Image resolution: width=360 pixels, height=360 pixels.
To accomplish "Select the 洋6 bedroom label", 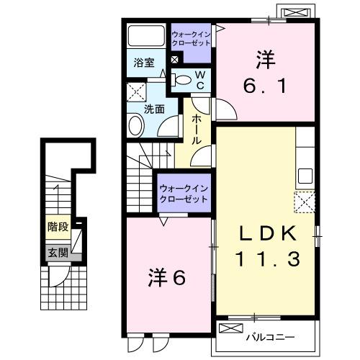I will [168, 276].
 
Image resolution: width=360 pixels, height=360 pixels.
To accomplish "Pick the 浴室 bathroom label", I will [143, 63].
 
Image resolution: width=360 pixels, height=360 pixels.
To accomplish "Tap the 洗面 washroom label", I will [153, 109].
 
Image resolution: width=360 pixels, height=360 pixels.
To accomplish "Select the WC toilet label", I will [201, 81].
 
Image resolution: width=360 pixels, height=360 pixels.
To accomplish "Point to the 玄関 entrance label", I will [58, 253].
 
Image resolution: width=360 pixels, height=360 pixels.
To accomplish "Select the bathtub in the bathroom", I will [147, 37].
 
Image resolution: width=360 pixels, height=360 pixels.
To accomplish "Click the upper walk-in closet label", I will [190, 37].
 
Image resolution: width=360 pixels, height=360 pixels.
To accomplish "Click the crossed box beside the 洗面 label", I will [134, 91].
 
